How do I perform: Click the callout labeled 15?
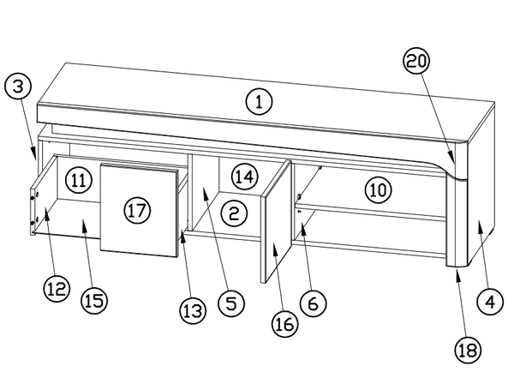click(x=94, y=301)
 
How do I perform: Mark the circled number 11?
click(x=78, y=181)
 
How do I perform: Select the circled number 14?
click(x=244, y=177)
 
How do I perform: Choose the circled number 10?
click(x=378, y=188)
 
